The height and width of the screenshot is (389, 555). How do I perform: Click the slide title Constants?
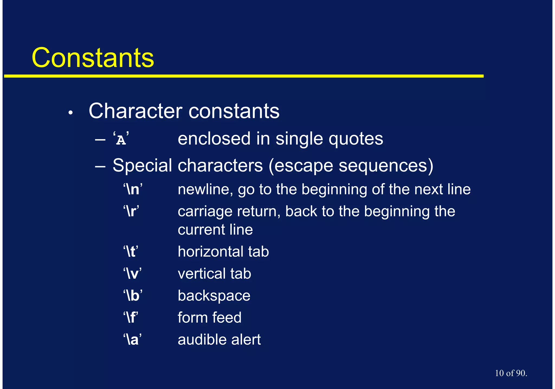(x=93, y=58)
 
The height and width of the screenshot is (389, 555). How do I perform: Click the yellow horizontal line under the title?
(x=244, y=76)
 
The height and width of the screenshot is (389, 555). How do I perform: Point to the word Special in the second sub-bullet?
(x=142, y=165)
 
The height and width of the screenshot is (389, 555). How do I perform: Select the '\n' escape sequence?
(x=133, y=189)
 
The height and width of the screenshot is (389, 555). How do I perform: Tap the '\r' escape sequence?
(x=131, y=211)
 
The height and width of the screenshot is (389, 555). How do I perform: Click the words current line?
(x=215, y=230)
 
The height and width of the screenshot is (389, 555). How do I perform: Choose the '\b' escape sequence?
(x=133, y=296)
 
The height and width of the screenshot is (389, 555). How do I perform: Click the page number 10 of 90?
(x=511, y=373)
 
